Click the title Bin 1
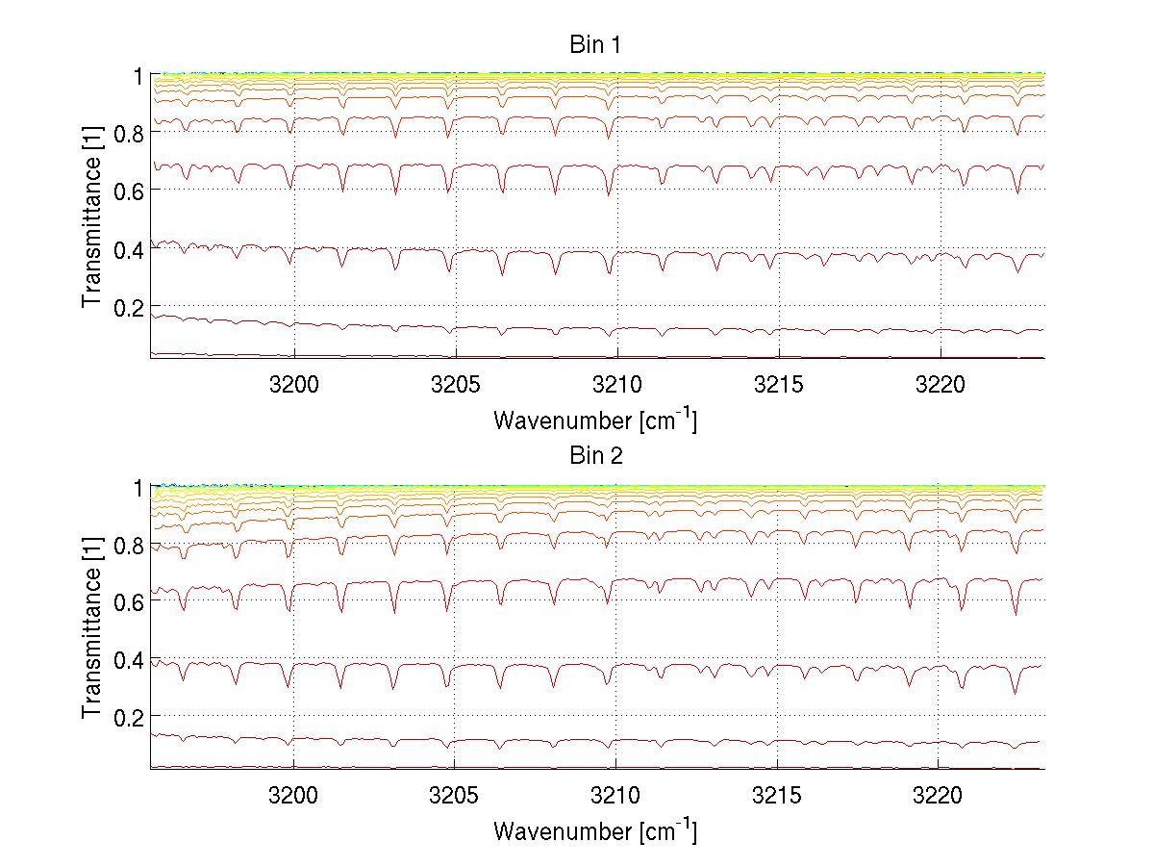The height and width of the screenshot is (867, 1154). point(596,44)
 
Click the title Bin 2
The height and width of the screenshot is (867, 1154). point(596,455)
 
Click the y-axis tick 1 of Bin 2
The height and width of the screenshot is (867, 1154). point(138,487)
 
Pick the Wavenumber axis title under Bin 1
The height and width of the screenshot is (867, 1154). point(595,420)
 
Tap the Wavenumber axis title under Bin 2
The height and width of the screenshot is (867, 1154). point(595,830)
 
